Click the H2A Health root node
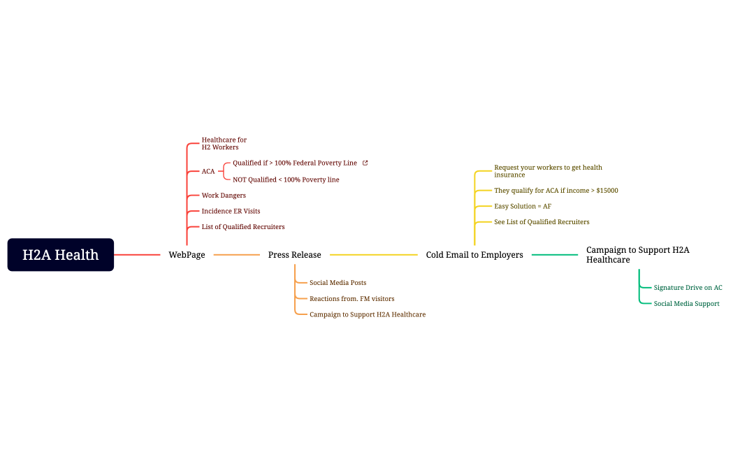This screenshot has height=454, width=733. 61,255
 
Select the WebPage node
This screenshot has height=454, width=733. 187,255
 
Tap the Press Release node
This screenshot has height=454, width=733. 294,255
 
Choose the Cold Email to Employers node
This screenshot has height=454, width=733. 474,255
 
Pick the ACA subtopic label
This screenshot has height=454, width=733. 208,171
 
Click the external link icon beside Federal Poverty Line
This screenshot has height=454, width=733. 365,163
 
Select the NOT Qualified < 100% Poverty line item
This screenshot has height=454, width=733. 286,180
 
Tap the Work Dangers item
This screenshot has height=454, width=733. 224,196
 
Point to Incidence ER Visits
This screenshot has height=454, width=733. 231,211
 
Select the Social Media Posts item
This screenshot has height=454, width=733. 338,283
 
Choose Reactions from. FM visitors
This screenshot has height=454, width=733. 351,299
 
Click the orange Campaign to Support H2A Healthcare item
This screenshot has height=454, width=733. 367,314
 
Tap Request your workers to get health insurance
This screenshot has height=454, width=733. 547,171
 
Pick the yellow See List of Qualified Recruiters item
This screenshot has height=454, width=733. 541,222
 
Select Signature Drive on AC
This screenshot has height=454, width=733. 688,288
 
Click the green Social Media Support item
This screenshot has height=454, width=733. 686,304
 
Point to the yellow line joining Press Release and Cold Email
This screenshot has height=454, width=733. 373,255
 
